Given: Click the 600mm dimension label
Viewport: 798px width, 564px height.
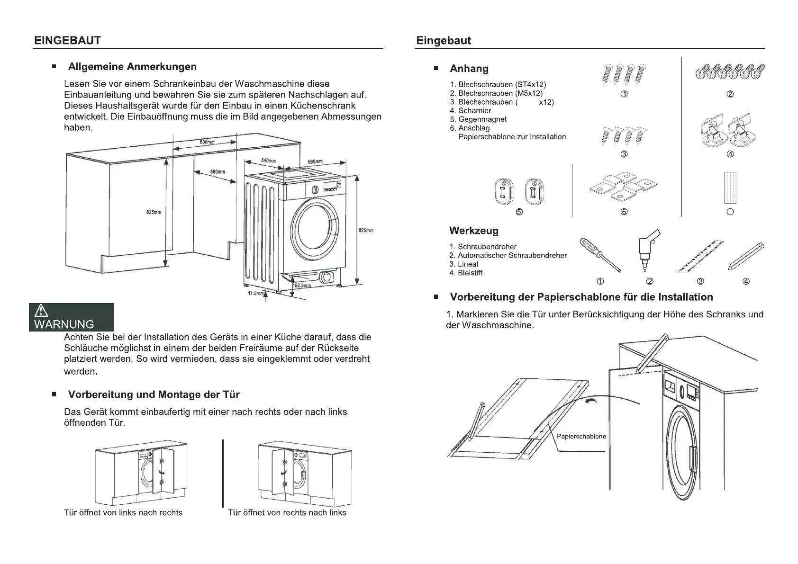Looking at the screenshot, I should pyautogui.click(x=207, y=142).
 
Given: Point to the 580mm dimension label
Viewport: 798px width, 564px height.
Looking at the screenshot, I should pyautogui.click(x=218, y=171).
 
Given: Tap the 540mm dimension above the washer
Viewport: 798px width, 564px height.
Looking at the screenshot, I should pyautogui.click(x=268, y=161).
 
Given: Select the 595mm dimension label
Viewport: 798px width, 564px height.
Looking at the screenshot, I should pyautogui.click(x=315, y=162).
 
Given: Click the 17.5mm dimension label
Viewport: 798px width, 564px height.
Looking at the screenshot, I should pyautogui.click(x=255, y=294).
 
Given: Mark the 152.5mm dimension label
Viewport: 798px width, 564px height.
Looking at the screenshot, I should pyautogui.click(x=302, y=286).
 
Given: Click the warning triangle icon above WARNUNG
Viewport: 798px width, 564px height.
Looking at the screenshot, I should pyautogui.click(x=42, y=311).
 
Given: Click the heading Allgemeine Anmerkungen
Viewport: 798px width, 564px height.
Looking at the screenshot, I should pyautogui.click(x=132, y=67).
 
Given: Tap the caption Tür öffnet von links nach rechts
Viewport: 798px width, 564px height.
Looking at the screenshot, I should pyautogui.click(x=123, y=512).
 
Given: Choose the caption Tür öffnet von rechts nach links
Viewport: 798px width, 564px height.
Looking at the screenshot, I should pyautogui.click(x=287, y=512).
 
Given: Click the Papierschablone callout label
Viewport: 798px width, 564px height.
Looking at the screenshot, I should pyautogui.click(x=581, y=437).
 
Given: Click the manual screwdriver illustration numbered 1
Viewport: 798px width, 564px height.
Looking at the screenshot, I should pyautogui.click(x=600, y=255).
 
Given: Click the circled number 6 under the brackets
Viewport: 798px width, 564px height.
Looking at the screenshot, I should pyautogui.click(x=624, y=212).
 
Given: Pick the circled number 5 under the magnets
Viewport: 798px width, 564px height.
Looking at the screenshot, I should pyautogui.click(x=519, y=212).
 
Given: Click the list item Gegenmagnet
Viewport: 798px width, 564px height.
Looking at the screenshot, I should pyautogui.click(x=482, y=119).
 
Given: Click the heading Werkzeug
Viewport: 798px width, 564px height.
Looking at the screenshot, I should pyautogui.click(x=474, y=231).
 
